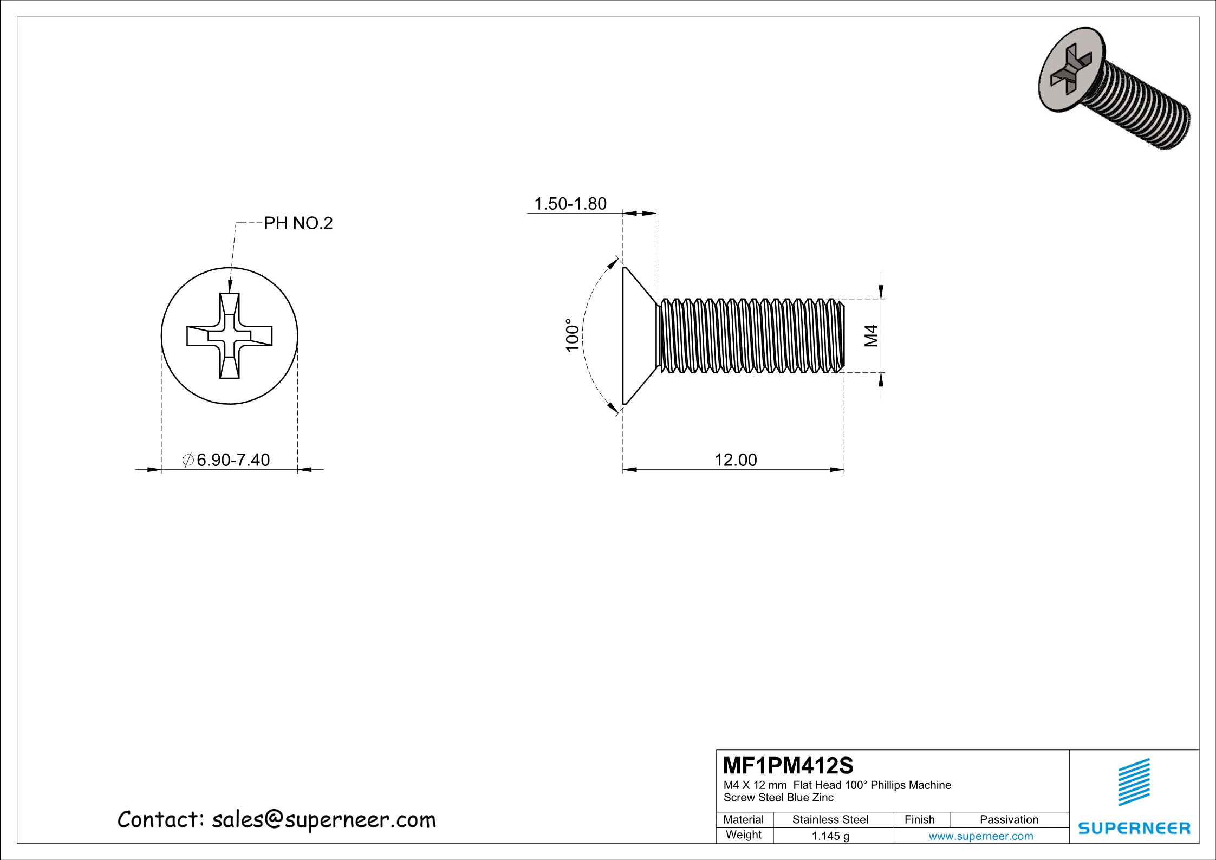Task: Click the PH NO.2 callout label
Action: (x=298, y=223)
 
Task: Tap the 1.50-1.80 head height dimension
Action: (x=570, y=204)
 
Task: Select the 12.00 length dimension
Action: (x=736, y=460)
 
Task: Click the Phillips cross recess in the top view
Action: (x=230, y=336)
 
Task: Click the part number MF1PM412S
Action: (x=788, y=766)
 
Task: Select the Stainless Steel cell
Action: (x=830, y=819)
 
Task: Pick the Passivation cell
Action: (x=1009, y=819)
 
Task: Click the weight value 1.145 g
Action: (x=830, y=836)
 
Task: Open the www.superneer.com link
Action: (x=981, y=836)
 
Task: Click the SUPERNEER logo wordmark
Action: (x=1134, y=828)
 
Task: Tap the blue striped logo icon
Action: (x=1134, y=782)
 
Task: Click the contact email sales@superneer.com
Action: (x=323, y=820)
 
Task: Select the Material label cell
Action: (x=744, y=819)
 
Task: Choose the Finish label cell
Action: (x=920, y=819)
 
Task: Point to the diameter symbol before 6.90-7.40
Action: (x=188, y=460)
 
